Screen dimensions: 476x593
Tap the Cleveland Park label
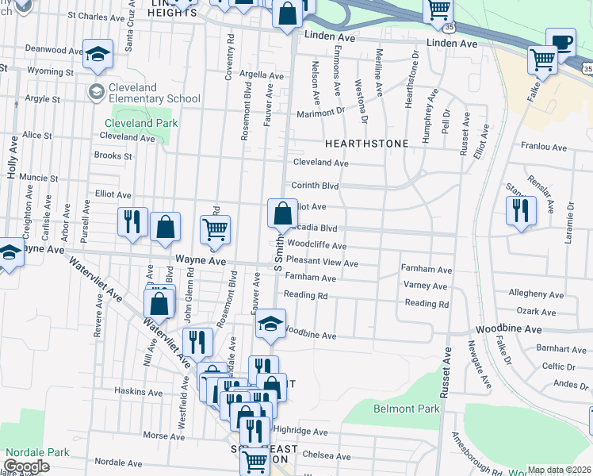141,123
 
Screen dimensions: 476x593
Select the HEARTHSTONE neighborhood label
367,144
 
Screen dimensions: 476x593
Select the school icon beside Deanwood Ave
98,54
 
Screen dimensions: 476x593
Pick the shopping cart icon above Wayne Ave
215,231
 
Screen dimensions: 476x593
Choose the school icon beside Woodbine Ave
270,324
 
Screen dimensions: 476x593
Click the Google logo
26,466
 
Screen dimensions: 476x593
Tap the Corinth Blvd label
315,186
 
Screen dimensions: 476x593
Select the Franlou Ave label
544,148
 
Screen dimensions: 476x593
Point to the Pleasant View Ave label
322,263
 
